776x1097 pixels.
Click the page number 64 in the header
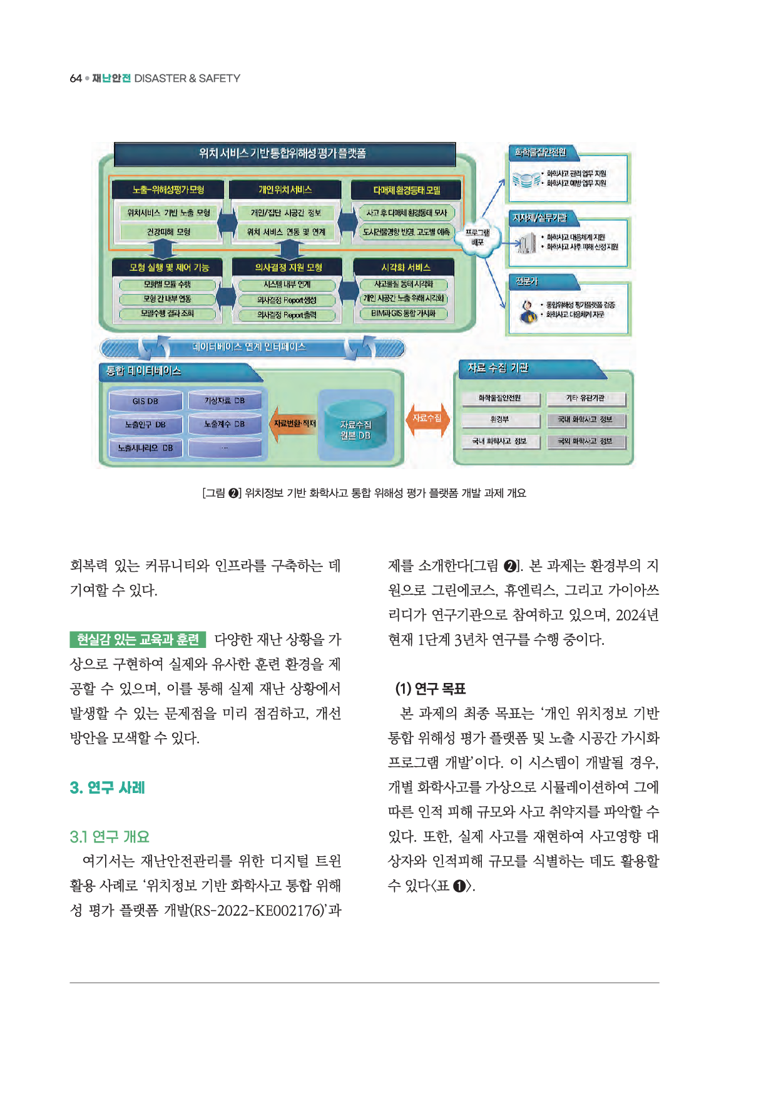(x=76, y=78)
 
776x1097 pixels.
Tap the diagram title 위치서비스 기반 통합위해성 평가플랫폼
(x=283, y=154)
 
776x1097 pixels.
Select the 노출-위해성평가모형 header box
(x=168, y=190)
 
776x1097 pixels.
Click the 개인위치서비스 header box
(x=285, y=190)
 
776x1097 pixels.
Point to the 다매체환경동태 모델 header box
(x=407, y=190)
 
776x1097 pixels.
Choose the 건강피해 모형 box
(x=168, y=232)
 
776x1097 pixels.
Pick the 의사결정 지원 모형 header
(x=288, y=268)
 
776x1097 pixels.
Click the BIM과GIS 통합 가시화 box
(x=404, y=313)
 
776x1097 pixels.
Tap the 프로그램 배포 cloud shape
(x=477, y=238)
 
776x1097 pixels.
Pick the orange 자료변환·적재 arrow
(x=294, y=424)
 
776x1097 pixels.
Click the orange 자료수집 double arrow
(x=427, y=418)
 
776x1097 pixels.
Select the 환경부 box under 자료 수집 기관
(x=499, y=420)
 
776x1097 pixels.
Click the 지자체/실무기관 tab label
(x=539, y=218)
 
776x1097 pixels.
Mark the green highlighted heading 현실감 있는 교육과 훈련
(x=138, y=639)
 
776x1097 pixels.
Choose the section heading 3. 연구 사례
(x=107, y=787)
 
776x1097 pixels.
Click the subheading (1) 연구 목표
(x=430, y=689)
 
